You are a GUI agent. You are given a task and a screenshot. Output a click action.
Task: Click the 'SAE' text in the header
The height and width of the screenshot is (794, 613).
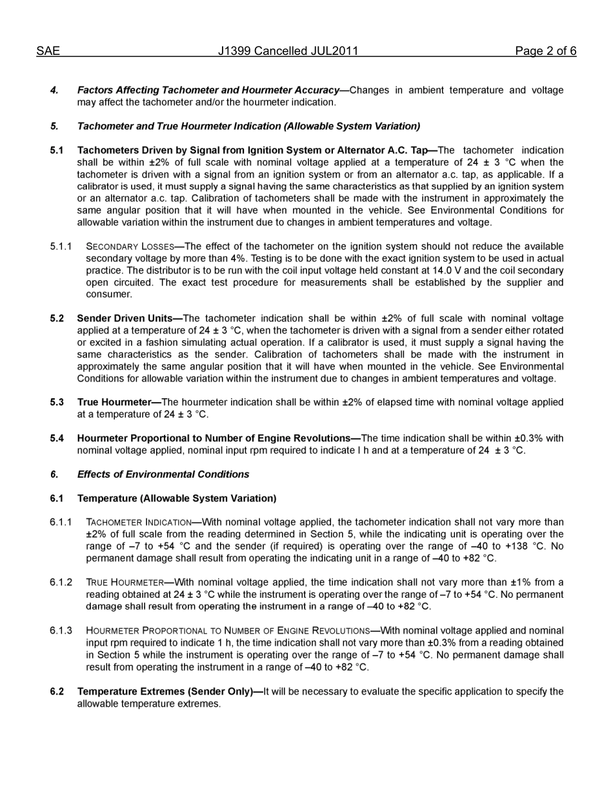click(x=48, y=52)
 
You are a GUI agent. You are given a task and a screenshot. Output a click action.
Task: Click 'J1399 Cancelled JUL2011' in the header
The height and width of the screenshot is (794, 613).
click(x=288, y=52)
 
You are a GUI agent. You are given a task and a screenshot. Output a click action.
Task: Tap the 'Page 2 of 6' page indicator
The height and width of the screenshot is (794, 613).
click(x=545, y=52)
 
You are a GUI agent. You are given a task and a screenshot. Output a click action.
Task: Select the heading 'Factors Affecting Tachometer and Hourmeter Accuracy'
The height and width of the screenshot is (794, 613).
click(x=208, y=90)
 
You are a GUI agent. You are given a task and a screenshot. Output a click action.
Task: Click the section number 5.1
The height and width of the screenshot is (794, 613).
click(x=57, y=150)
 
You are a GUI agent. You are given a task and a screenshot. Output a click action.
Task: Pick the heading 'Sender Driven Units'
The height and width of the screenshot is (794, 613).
click(x=129, y=318)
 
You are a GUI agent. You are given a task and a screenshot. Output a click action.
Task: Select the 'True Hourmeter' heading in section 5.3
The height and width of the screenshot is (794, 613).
click(x=114, y=402)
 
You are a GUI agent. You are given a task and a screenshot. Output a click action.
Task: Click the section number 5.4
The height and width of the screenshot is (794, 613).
click(x=57, y=438)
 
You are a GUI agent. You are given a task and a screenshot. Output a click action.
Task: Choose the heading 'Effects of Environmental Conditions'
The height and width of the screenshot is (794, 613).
click(x=163, y=474)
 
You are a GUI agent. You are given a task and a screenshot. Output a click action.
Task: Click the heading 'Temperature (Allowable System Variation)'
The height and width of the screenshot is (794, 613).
click(x=176, y=498)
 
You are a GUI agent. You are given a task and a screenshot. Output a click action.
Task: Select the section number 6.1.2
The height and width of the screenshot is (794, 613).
click(x=61, y=582)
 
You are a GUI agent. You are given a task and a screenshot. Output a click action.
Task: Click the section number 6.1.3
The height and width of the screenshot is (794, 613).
click(x=61, y=631)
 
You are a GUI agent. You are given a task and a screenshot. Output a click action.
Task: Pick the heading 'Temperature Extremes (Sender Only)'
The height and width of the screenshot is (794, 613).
click(x=165, y=691)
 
